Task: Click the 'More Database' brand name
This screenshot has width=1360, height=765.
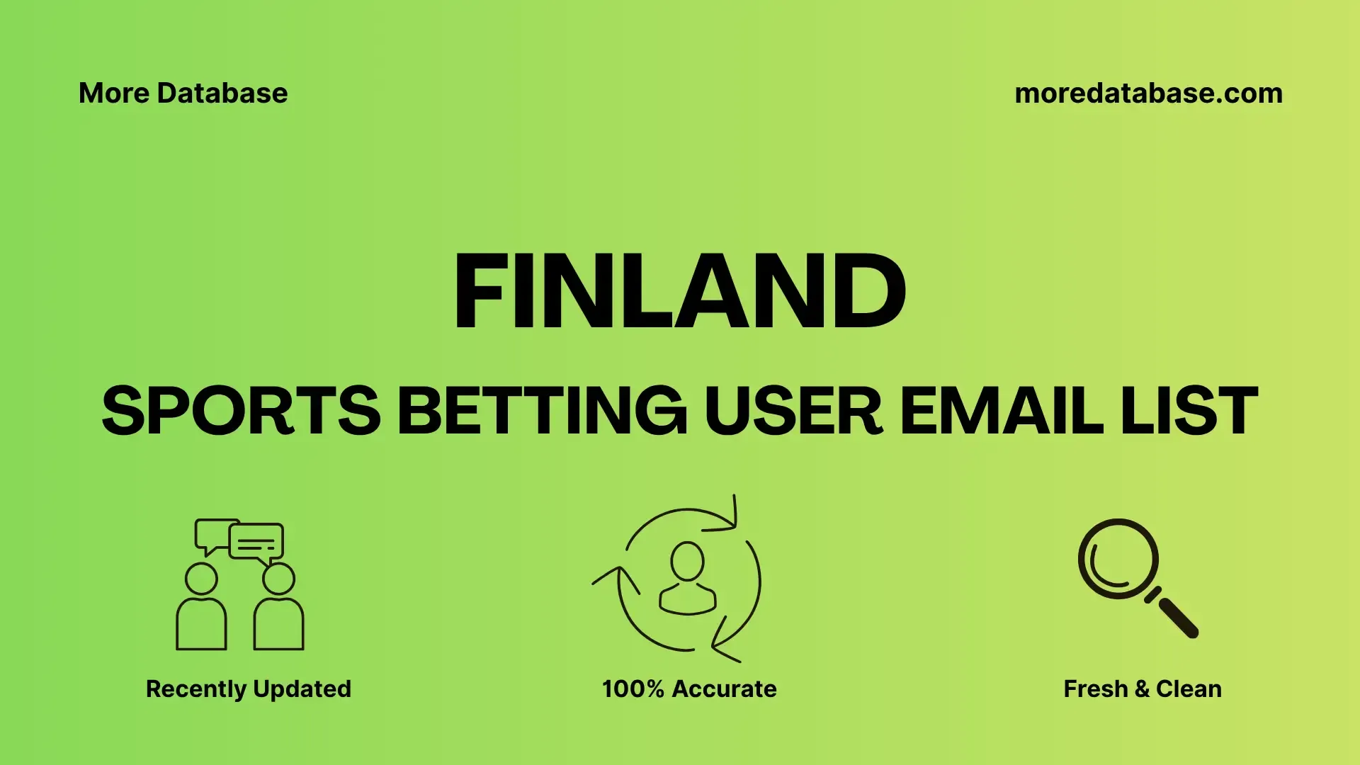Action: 183,93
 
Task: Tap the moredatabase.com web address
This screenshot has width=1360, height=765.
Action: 1148,93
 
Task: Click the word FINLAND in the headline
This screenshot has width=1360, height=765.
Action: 680,291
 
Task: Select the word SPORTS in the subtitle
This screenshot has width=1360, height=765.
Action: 242,410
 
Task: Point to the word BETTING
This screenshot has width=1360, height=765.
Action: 542,410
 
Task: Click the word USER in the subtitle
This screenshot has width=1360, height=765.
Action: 793,410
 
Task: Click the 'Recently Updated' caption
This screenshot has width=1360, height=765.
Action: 249,689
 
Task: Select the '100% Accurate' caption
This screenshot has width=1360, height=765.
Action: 689,689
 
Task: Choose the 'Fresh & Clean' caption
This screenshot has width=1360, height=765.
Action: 1143,689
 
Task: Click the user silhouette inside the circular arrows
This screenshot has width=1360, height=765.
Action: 688,578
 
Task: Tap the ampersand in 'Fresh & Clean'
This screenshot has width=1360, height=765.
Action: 1141,689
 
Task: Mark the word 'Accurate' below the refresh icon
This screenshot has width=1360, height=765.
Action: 724,689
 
